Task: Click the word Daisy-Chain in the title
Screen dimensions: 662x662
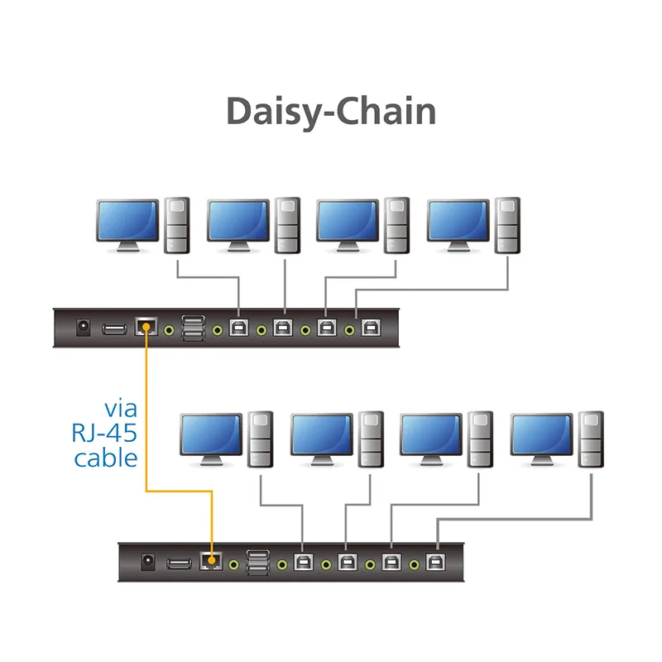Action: click(332, 112)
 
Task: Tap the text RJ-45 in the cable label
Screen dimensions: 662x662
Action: click(104, 433)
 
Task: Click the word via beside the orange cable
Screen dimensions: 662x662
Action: click(121, 409)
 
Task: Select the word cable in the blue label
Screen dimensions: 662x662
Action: click(106, 458)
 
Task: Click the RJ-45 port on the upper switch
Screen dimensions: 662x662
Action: click(146, 326)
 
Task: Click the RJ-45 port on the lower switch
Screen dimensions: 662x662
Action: click(211, 561)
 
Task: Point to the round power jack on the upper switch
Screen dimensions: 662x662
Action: click(84, 328)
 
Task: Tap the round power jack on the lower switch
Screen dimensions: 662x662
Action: click(148, 562)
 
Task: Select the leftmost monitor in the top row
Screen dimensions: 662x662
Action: click(127, 225)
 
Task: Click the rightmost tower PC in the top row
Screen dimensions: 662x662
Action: click(507, 225)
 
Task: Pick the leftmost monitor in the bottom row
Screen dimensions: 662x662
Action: click(211, 439)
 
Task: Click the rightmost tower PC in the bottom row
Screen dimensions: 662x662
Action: click(591, 439)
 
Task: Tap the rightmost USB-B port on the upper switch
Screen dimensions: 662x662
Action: click(371, 328)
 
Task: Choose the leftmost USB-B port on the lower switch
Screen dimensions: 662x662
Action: click(303, 562)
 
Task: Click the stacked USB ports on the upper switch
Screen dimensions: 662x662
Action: click(194, 328)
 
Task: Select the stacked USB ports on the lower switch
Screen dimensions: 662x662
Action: click(258, 563)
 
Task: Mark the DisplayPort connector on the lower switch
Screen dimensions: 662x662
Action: click(179, 564)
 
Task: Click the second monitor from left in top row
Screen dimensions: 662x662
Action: click(238, 225)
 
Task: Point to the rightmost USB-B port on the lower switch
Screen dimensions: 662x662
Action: click(436, 562)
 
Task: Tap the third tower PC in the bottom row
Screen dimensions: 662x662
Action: click(481, 439)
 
